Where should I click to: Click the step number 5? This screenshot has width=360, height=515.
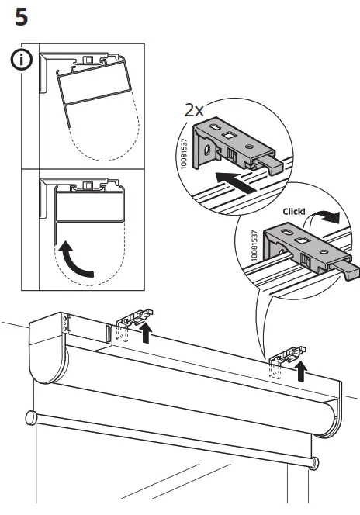(22, 17)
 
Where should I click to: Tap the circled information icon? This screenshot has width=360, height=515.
(22, 60)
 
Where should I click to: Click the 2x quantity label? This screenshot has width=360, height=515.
(194, 110)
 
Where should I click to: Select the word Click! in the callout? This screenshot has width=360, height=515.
(294, 212)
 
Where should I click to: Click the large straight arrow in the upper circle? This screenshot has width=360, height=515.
(236, 182)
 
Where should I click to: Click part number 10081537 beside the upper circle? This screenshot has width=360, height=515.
(184, 154)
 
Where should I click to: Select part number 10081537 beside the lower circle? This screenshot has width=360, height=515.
(254, 245)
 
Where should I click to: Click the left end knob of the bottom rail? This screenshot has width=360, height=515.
(32, 419)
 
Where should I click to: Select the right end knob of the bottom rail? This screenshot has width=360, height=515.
(314, 464)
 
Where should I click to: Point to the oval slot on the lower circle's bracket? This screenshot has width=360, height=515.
(287, 233)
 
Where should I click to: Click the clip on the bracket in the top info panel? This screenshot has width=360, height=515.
(88, 60)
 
